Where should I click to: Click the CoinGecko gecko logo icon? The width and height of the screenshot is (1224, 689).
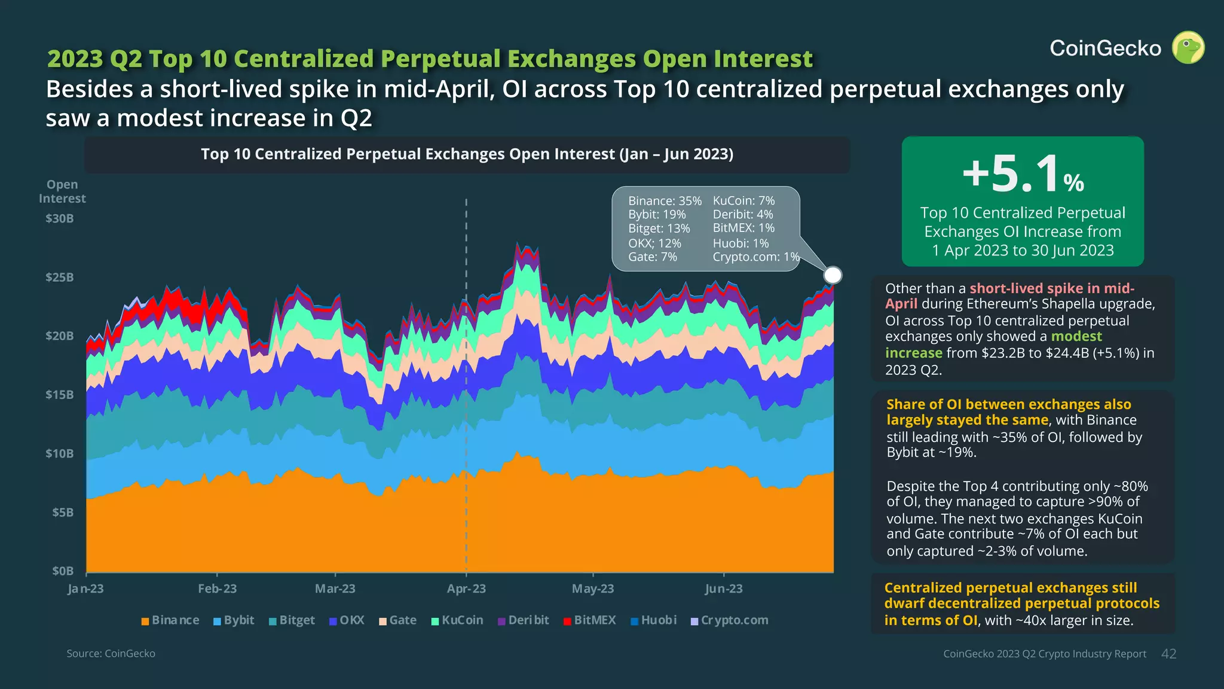[x=1188, y=47]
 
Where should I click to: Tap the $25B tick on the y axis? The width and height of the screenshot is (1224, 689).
[x=60, y=278]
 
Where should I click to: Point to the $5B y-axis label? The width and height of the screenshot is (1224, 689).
[x=63, y=513]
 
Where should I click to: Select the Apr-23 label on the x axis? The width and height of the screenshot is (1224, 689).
[x=466, y=589]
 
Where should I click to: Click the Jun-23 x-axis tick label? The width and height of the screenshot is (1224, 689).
[x=723, y=589]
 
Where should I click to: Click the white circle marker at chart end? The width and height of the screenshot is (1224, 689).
[x=833, y=275]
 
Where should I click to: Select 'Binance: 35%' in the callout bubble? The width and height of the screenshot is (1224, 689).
[x=665, y=201]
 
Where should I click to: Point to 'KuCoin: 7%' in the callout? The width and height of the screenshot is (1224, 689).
[x=743, y=201]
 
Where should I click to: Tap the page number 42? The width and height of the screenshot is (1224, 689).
[x=1168, y=654]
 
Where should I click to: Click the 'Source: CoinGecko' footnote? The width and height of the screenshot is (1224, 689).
[x=111, y=654]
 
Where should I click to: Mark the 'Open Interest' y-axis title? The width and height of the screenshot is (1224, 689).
[x=62, y=191]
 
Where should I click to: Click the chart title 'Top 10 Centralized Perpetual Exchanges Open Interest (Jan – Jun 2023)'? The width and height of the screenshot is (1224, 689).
[x=467, y=154]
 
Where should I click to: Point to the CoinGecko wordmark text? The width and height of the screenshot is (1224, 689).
[x=1105, y=48]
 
